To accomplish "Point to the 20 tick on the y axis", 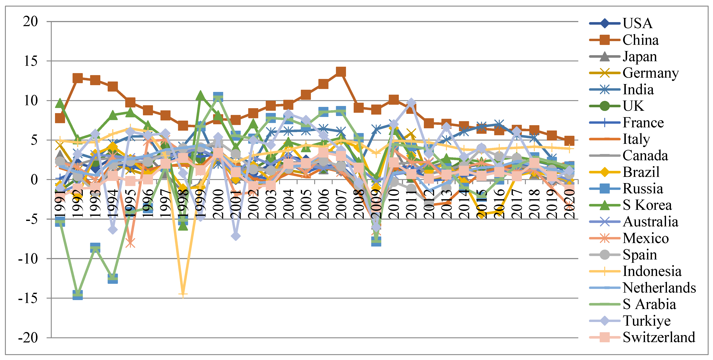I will coord(31,21).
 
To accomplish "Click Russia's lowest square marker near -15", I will coord(77,295).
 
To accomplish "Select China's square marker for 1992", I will coord(77,78).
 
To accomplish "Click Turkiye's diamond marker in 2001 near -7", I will coord(235,236).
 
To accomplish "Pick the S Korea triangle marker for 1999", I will coord(200,96).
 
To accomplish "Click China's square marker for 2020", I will coord(569,141).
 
